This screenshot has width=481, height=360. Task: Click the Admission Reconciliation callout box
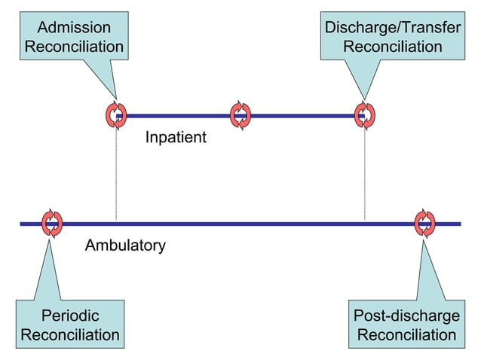pos(74,37)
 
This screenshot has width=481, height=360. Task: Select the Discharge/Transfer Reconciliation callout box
pos(392,37)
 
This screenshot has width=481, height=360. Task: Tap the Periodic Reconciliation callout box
pos(69,325)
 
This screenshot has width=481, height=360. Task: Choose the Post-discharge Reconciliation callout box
pos(406,325)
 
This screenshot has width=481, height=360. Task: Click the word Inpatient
pos(176,139)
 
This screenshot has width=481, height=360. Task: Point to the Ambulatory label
pos(125,246)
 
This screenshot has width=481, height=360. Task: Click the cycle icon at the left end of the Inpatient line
pos(116,115)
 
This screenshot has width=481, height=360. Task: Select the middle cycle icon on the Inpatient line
pos(240,115)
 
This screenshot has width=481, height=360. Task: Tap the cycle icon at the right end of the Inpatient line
pos(365,115)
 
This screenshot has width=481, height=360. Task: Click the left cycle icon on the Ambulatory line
pos(52,223)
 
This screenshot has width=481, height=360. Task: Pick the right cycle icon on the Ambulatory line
pos(425,223)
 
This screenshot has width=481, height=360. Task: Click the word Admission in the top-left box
pos(74,28)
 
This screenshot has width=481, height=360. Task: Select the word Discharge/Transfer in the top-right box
pos(392,28)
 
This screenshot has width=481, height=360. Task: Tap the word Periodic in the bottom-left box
pos(69,315)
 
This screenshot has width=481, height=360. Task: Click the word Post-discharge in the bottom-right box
pos(406,315)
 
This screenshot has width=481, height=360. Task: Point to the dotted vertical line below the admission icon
pos(116,173)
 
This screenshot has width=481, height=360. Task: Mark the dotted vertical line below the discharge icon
pos(365,173)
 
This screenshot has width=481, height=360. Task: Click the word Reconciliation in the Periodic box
pos(69,334)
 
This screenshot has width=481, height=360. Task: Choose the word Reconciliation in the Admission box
pos(74,47)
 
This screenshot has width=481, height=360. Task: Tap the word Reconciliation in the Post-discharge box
pos(406,334)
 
